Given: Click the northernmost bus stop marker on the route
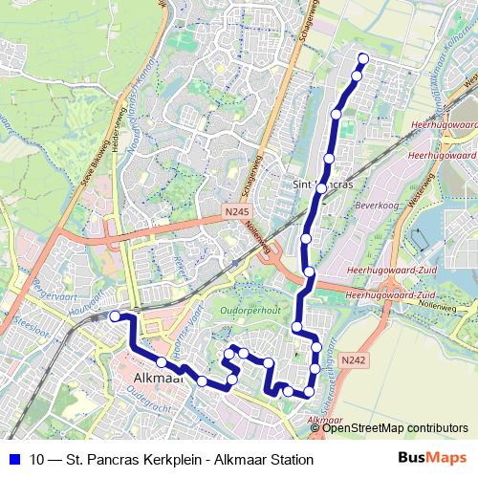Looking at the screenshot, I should (x=362, y=59).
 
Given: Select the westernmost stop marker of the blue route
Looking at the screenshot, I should (x=115, y=316).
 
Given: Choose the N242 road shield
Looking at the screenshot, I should (x=353, y=358).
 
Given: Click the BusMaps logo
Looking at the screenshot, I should (x=432, y=459).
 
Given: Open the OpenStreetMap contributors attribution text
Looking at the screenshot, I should (x=396, y=427).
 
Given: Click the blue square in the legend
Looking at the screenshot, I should (x=13, y=460).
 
